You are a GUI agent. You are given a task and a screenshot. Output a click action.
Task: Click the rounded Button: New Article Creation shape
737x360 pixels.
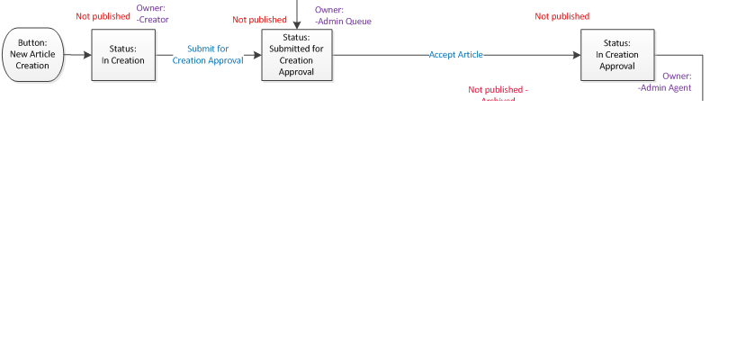pyautogui.click(x=32, y=54)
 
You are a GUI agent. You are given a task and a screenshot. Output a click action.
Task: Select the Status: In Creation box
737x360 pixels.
pyautogui.click(x=123, y=54)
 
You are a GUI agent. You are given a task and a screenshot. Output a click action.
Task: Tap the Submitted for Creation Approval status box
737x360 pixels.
pyautogui.click(x=296, y=55)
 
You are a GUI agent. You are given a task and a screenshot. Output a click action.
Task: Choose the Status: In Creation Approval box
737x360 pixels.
pyautogui.click(x=617, y=55)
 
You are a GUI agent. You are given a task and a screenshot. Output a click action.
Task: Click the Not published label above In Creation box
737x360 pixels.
pyautogui.click(x=103, y=16)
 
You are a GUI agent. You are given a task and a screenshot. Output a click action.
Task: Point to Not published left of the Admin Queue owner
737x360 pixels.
pyautogui.click(x=259, y=20)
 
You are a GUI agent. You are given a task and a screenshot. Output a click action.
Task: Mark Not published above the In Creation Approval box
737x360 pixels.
pyautogui.click(x=562, y=16)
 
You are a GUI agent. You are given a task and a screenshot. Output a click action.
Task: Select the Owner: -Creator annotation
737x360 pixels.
pyautogui.click(x=152, y=13)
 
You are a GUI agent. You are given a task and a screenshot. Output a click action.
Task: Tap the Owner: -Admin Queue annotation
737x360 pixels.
pyautogui.click(x=342, y=15)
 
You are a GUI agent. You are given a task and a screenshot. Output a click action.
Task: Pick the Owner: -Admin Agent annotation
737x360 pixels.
pyautogui.click(x=665, y=82)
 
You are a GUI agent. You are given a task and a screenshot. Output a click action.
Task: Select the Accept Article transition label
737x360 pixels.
pyautogui.click(x=455, y=55)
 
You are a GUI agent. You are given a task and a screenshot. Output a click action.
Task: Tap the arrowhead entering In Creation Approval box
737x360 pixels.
pyautogui.click(x=575, y=55)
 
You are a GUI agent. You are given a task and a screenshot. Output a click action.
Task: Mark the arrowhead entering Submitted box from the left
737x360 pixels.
pyautogui.click(x=256, y=55)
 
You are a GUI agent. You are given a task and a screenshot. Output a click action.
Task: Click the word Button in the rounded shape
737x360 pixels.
pyautogui.click(x=32, y=42)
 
